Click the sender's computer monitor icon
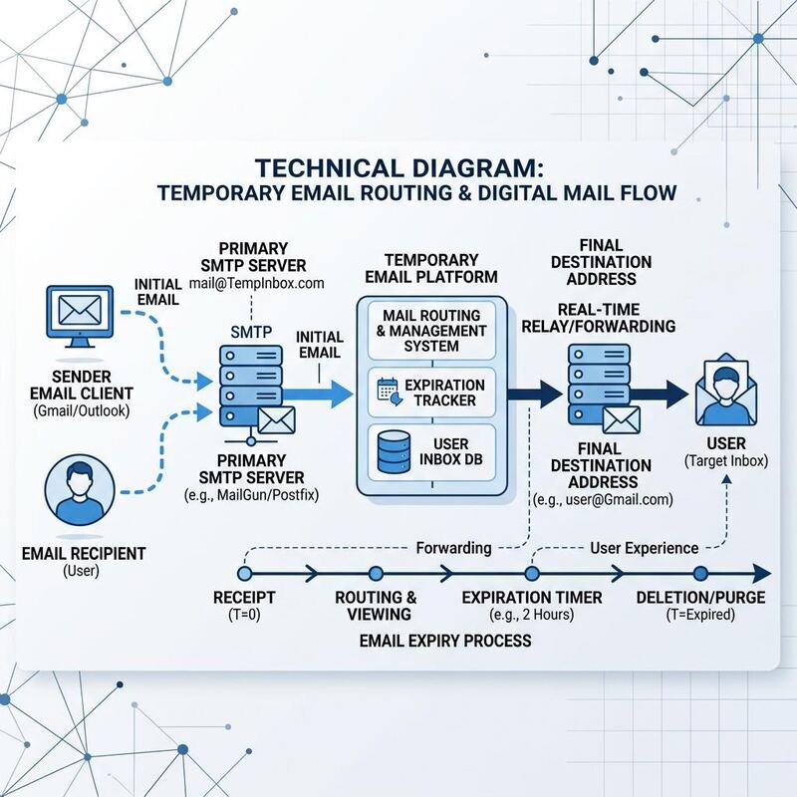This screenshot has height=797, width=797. (x=80, y=316)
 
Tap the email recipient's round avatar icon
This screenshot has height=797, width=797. (x=80, y=490)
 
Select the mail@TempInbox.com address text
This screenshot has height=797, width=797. (x=257, y=283)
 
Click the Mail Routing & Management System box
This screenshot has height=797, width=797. (x=431, y=331)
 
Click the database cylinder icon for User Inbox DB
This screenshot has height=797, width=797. (x=394, y=452)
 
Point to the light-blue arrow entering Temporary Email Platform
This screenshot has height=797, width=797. (x=318, y=394)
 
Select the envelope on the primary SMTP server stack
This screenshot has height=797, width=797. (x=277, y=419)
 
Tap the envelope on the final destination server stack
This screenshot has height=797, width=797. (x=621, y=419)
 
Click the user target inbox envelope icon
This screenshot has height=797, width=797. (x=726, y=391)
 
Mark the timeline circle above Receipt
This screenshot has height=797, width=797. (x=245, y=574)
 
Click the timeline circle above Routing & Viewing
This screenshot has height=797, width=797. (x=376, y=574)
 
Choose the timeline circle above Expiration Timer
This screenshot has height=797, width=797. (x=532, y=574)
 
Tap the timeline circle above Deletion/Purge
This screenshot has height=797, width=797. (x=700, y=574)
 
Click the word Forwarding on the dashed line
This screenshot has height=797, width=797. (x=453, y=548)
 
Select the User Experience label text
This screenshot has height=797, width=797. (x=644, y=548)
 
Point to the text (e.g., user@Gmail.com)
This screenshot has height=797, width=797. (x=603, y=500)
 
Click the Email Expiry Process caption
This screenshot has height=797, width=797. (x=445, y=641)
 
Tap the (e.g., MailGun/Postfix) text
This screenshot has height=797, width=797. (x=251, y=495)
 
